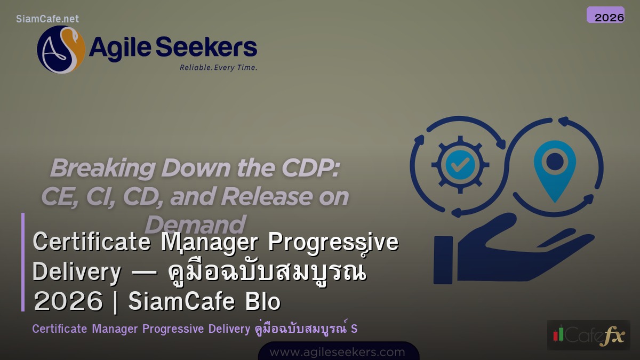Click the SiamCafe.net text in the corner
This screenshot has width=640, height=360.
click(x=47, y=19)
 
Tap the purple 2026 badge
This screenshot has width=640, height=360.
click(x=605, y=15)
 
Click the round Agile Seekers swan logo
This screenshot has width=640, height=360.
click(x=61, y=50)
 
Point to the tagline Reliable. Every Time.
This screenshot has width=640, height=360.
click(x=218, y=68)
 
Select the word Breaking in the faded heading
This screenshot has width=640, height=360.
click(x=102, y=169)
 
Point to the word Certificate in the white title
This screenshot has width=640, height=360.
click(x=91, y=242)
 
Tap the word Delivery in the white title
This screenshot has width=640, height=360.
click(x=77, y=272)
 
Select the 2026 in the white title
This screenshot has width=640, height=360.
click(x=67, y=302)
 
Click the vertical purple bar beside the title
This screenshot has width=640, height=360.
click(x=23, y=262)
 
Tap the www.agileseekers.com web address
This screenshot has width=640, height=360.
click(x=337, y=352)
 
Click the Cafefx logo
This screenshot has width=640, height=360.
click(x=588, y=335)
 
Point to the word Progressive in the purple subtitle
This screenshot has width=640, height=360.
click(x=173, y=329)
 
